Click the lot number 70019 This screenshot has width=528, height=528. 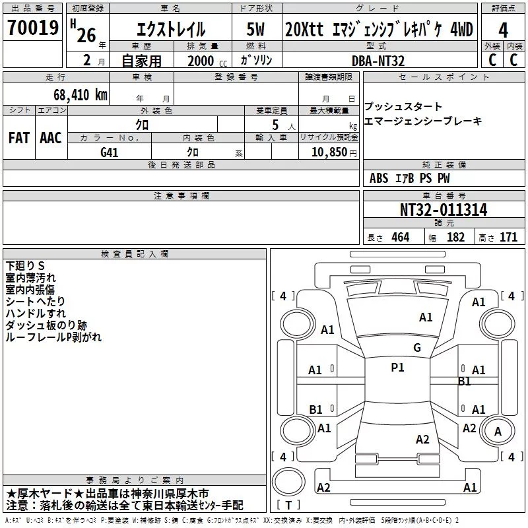(33, 27)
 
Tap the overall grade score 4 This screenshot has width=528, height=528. (503, 30)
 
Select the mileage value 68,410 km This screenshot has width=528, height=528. (81, 95)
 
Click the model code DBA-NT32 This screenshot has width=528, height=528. (378, 61)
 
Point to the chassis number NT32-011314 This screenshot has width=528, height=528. (444, 210)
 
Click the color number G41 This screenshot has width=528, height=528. (109, 152)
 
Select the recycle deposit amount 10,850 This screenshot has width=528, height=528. (329, 152)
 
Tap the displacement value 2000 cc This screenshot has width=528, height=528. (207, 61)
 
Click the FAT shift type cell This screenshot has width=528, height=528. (19, 138)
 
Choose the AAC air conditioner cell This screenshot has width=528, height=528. (51, 138)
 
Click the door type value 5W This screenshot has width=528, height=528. (255, 29)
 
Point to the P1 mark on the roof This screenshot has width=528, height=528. (397, 368)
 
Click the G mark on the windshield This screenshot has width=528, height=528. (417, 348)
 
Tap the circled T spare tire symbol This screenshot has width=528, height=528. (288, 481)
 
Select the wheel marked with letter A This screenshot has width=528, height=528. (498, 432)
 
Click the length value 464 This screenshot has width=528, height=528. (401, 237)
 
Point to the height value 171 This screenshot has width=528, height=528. (508, 237)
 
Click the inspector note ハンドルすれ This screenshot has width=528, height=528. (36, 313)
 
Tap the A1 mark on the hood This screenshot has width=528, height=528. (426, 317)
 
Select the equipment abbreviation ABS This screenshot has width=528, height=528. (379, 178)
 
